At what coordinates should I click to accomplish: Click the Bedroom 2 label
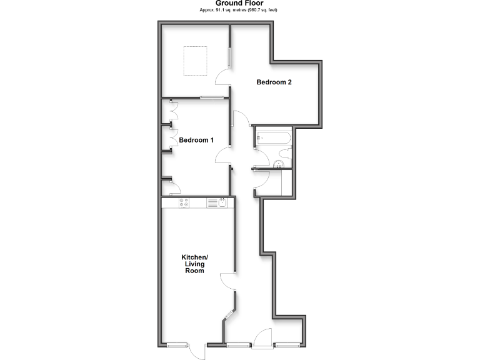coord(274,82)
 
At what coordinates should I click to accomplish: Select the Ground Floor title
coord(240,3)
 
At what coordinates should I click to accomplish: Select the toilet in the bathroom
coord(285,154)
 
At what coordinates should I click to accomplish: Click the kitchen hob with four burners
coord(184,202)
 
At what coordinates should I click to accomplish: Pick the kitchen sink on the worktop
coord(222,202)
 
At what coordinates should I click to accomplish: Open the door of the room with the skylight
coord(222,77)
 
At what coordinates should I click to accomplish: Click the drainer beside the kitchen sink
coord(212,202)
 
